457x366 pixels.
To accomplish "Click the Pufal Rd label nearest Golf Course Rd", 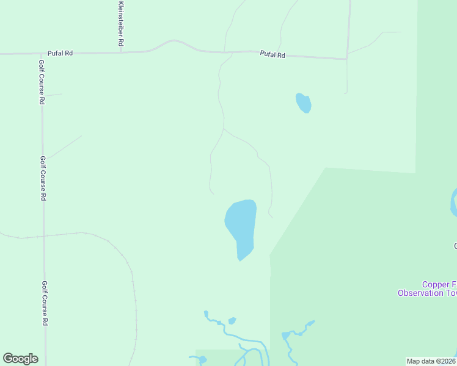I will tap(60, 53).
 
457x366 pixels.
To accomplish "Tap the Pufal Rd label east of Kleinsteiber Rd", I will tap(272, 55).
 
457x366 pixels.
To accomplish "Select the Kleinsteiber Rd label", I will tap(120, 23).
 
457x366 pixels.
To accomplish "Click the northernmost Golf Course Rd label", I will tap(42, 82).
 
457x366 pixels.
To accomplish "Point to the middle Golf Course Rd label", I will tap(43, 178).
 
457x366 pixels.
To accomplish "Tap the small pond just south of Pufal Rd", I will tap(304, 103).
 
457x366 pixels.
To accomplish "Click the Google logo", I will tap(20, 359).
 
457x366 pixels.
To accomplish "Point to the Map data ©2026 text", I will tap(431, 361).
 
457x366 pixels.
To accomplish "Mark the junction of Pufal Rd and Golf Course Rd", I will tap(42, 54).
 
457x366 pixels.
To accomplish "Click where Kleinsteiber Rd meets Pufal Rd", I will tap(121, 52).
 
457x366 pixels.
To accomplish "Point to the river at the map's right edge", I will tap(454, 201).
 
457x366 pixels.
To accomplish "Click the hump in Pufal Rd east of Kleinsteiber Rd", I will tap(173, 41).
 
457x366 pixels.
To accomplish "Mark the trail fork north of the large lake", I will tap(224, 129).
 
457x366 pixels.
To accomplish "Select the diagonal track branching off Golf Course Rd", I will tap(64, 147).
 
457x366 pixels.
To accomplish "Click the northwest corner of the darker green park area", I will tap(326, 168).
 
